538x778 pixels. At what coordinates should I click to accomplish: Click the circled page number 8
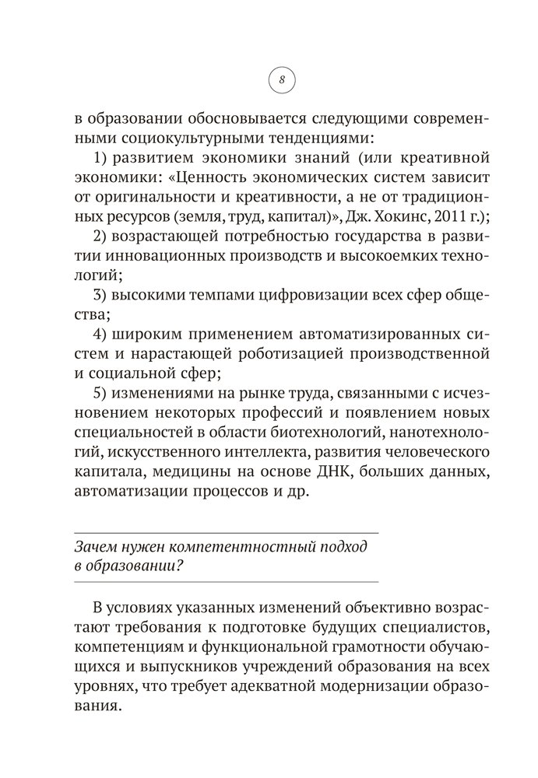(282, 79)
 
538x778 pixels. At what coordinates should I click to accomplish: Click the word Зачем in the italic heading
(91, 546)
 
